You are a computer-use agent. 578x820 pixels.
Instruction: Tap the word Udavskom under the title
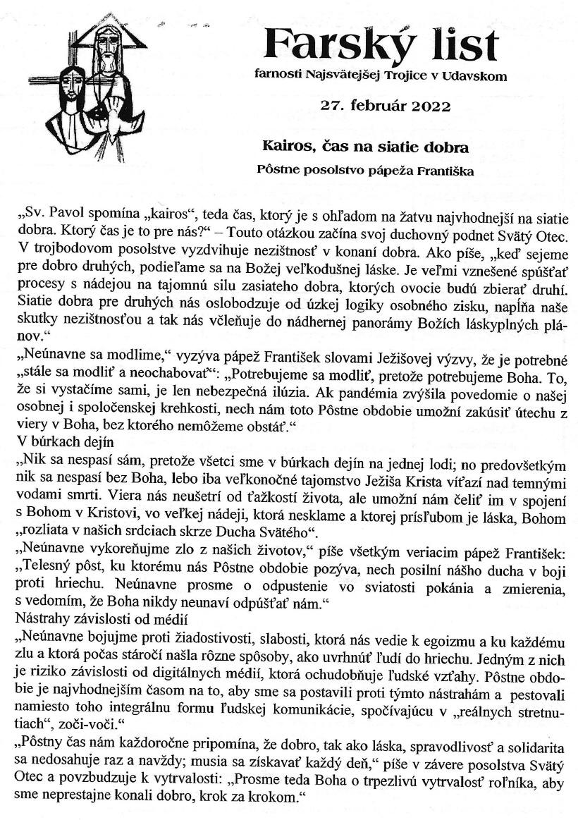(x=473, y=75)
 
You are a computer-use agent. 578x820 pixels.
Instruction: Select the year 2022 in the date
(x=426, y=106)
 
